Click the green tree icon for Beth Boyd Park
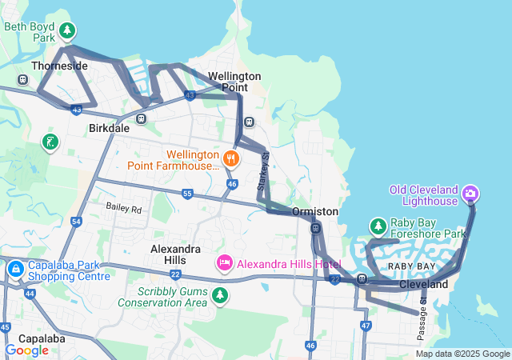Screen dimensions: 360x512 click(x=68, y=31)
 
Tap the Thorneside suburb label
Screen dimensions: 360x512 click(x=59, y=66)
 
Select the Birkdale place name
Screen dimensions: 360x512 click(x=110, y=128)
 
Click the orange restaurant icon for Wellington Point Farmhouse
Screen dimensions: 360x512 click(x=230, y=158)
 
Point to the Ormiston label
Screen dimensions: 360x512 click(x=315, y=211)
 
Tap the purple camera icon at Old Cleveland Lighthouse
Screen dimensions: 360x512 click(x=470, y=193)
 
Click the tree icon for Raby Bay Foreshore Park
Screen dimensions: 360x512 click(x=378, y=226)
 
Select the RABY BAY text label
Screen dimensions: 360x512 click(x=412, y=266)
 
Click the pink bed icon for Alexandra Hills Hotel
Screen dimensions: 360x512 click(x=225, y=262)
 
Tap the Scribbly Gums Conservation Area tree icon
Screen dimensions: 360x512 click(x=220, y=297)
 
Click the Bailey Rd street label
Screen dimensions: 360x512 click(x=123, y=209)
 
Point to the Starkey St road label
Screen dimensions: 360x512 click(x=262, y=171)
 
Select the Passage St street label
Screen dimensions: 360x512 click(x=423, y=303)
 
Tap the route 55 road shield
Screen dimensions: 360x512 click(x=187, y=194)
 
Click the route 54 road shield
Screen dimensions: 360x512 click(x=76, y=221)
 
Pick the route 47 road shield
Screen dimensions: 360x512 click(x=366, y=326)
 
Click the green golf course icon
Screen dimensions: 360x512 click(x=50, y=142)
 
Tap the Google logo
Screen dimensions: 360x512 click(x=26, y=350)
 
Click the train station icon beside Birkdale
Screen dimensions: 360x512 click(x=141, y=119)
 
